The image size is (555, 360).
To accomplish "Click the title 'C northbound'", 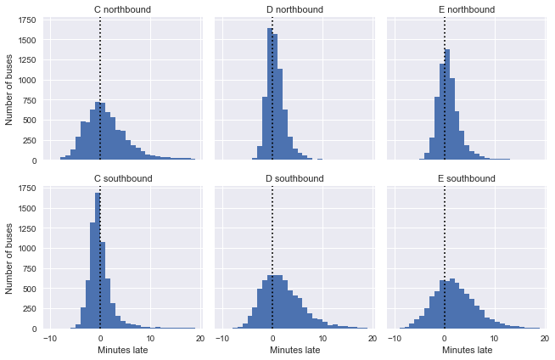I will coord(122,10).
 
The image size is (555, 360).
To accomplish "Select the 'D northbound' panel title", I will coord(294,10).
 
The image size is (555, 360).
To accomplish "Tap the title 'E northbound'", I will coord(466,10).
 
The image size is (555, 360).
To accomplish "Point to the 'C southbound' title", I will coord(122,179).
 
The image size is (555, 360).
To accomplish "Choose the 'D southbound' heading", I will coord(294,179).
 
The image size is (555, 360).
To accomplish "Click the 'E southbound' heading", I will coord(466,179).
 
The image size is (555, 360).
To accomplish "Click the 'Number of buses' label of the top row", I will coord(10,89).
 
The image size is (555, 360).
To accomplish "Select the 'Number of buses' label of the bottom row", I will coord(10,257).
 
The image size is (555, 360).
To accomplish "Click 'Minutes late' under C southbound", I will coord(122,350).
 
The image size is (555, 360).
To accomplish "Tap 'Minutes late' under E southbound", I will coord(466,350).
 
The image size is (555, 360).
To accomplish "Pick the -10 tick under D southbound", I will coord(222,338).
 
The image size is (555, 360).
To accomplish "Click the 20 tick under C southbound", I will coord(199,338).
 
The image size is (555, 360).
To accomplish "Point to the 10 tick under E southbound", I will coord(494,338).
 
